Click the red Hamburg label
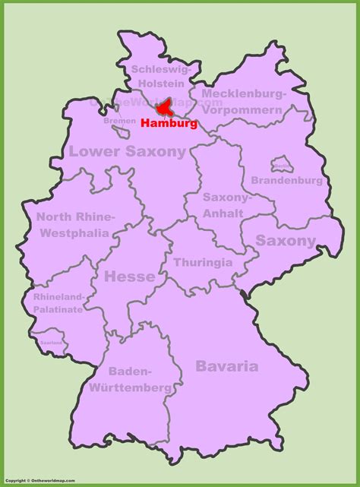click(x=169, y=122)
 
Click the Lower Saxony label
click(x=127, y=151)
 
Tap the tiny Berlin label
click(x=281, y=165)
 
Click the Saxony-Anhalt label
click(x=226, y=204)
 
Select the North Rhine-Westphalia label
click(x=74, y=223)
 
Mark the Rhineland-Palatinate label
click(x=58, y=302)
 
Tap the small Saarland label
click(x=51, y=343)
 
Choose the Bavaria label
click(x=226, y=365)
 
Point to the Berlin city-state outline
click(x=281, y=165)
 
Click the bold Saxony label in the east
click(x=285, y=241)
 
